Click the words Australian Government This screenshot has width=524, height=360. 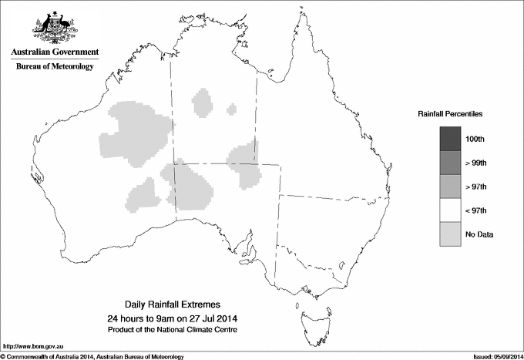[55, 52]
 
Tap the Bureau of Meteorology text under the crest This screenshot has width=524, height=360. [55, 67]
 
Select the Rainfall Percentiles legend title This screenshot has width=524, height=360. [450, 113]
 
